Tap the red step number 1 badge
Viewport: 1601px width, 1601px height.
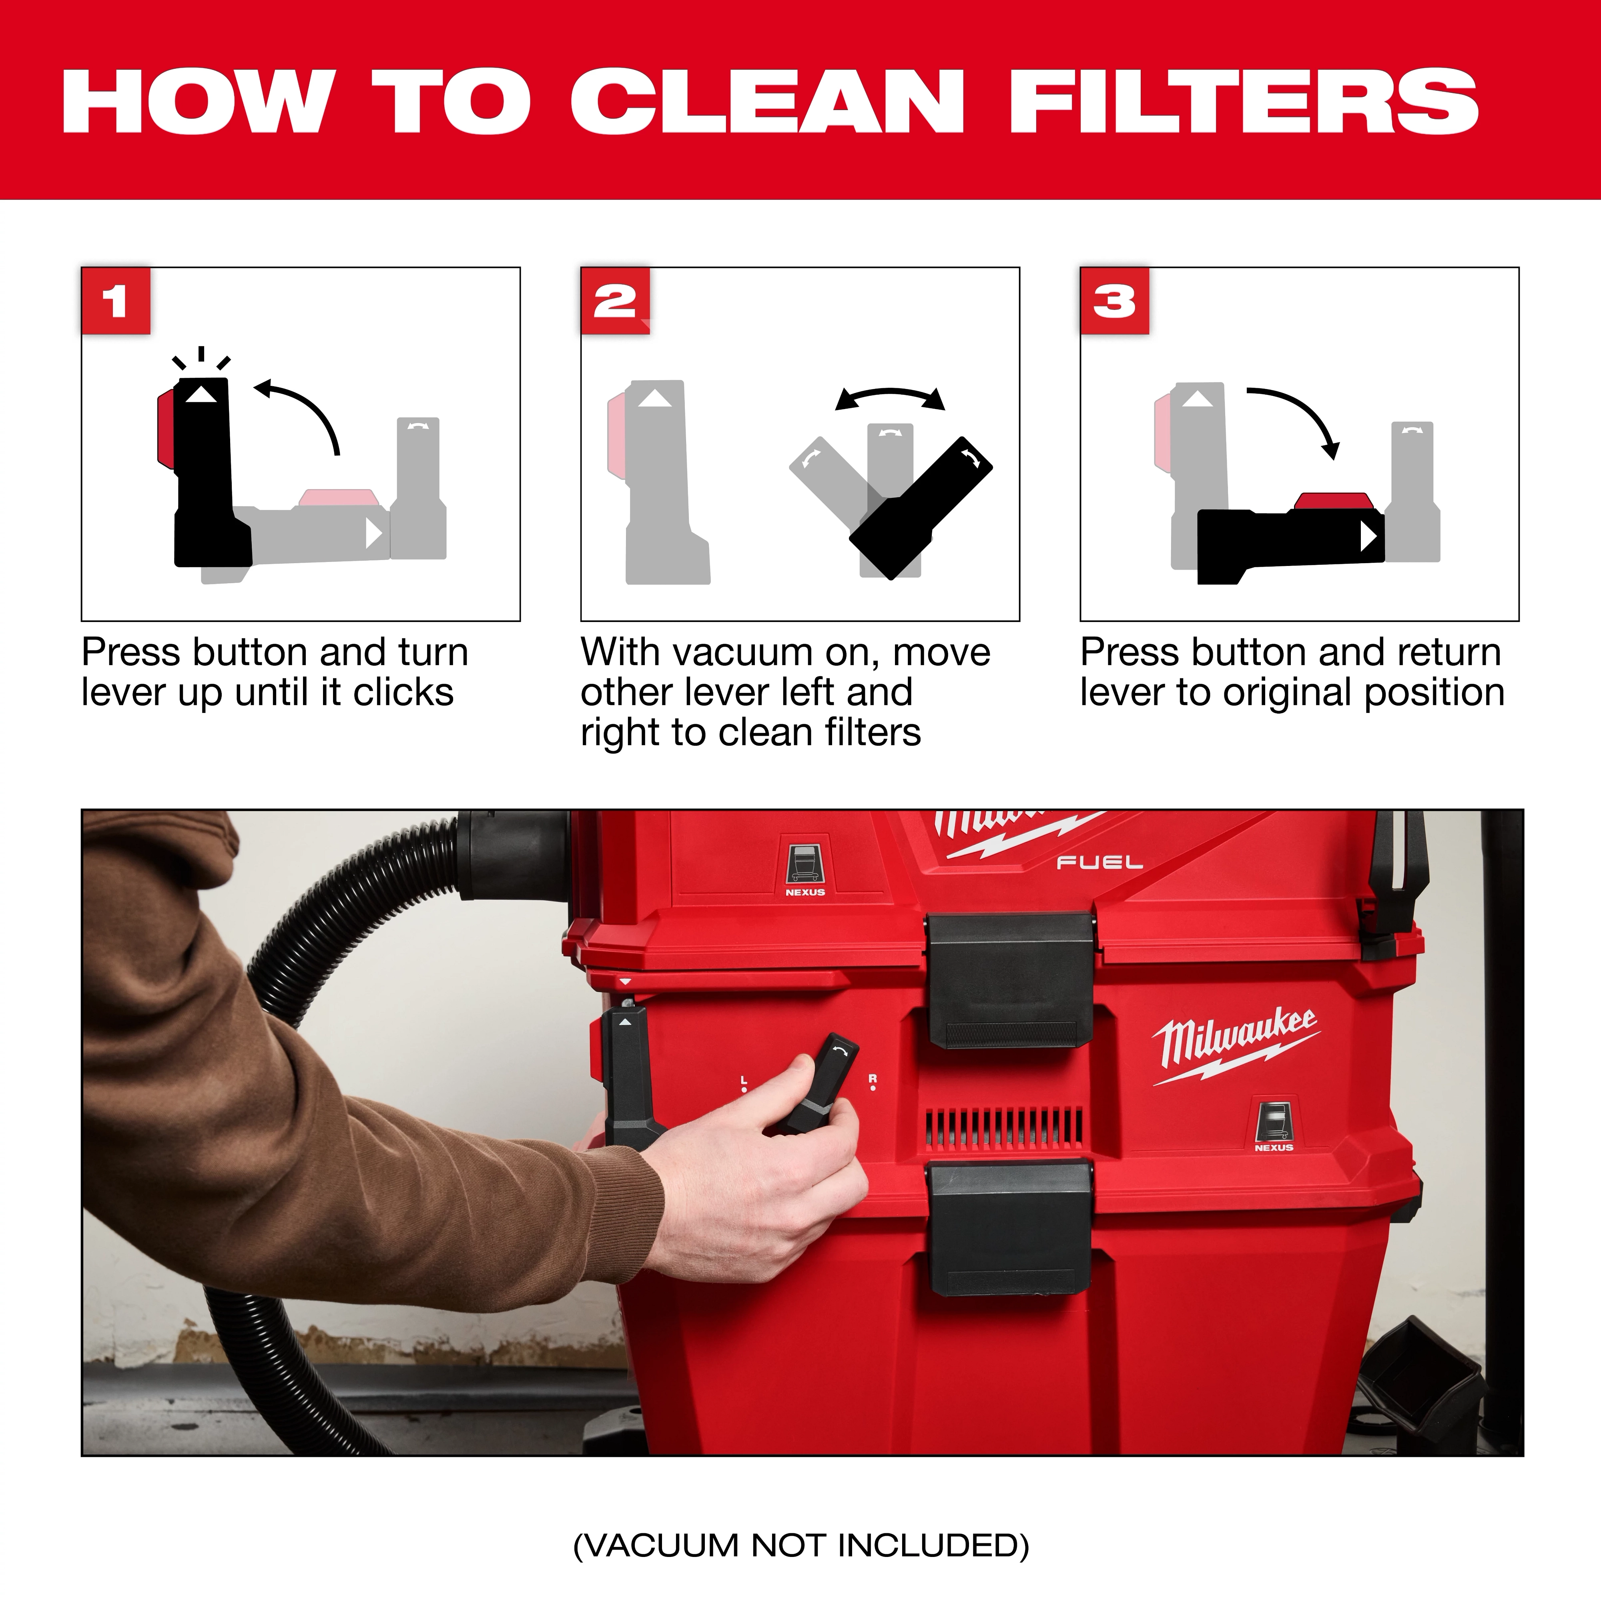click(116, 301)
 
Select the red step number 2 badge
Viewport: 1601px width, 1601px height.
click(615, 301)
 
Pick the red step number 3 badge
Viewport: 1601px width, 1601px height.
click(1115, 301)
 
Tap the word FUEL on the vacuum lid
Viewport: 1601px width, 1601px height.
click(1099, 863)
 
